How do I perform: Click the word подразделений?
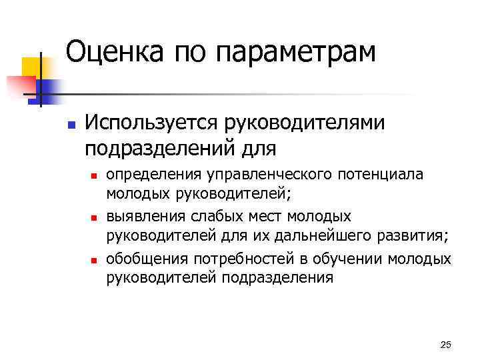tap(158, 146)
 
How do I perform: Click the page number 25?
tap(446, 344)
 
